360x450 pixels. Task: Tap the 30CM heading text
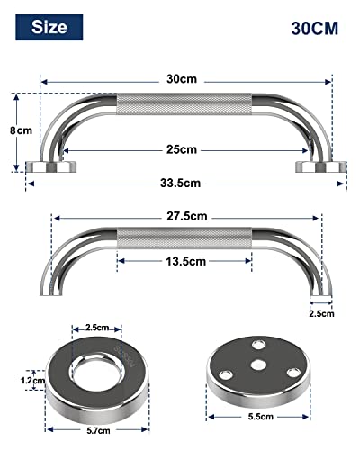(314, 27)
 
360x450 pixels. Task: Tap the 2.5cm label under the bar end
(321, 313)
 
